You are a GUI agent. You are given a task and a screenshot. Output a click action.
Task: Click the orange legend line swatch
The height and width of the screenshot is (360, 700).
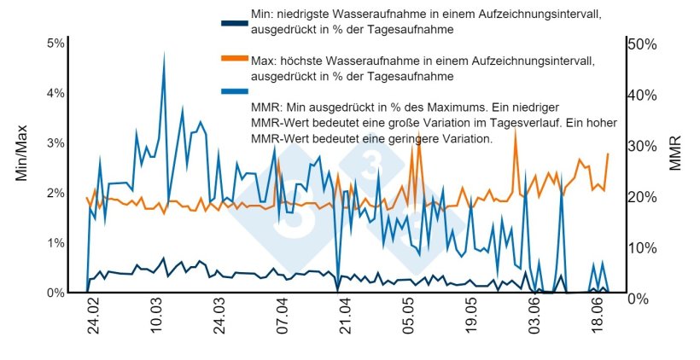234,58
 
